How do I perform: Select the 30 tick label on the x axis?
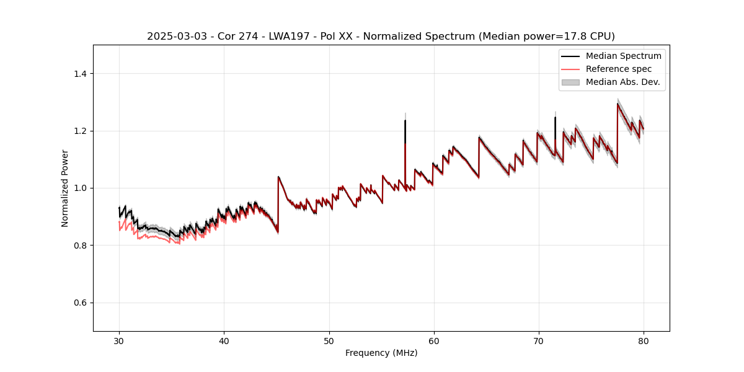click(119, 340)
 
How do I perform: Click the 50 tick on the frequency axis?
click(329, 340)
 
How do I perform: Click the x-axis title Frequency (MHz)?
click(381, 353)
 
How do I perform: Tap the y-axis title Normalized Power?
click(65, 188)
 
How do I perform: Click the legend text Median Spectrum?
click(623, 56)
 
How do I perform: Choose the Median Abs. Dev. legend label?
click(622, 82)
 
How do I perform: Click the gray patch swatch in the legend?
click(570, 82)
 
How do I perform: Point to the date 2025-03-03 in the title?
click(175, 37)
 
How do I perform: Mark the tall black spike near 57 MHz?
click(405, 122)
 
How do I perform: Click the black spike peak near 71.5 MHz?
click(555, 118)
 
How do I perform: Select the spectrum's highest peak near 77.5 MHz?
click(618, 104)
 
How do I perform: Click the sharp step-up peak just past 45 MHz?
click(278, 177)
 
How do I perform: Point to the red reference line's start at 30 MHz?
click(119, 222)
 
